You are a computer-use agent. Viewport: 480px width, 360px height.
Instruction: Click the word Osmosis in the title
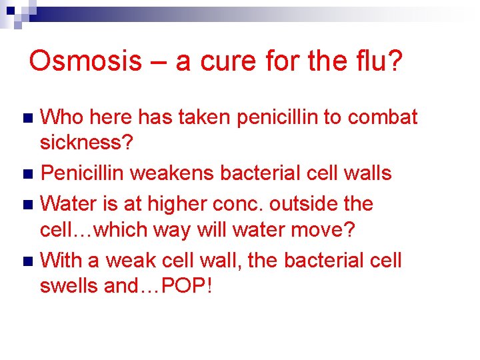pos(85,61)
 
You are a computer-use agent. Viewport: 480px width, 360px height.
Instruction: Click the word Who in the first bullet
pos(62,117)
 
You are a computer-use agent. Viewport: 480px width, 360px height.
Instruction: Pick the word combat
pos(383,117)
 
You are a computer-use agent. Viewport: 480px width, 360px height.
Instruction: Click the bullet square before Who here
pos(27,119)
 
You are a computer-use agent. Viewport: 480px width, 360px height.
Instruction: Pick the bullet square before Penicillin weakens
pos(27,175)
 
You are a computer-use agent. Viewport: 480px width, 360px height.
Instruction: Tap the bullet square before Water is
pos(27,205)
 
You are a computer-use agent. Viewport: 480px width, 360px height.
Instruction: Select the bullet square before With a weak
pos(27,261)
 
